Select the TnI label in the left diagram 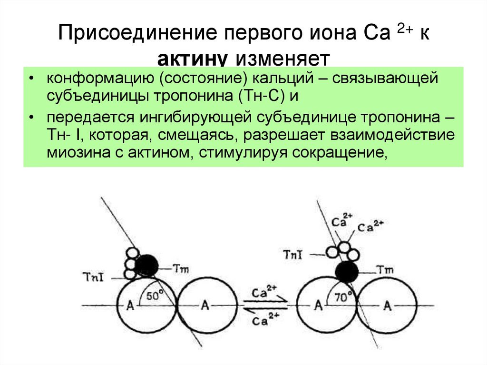coord(93,276)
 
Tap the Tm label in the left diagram coord(181,269)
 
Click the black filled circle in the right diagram coord(347,272)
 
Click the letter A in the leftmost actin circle coord(129,305)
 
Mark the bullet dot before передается coord(31,117)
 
